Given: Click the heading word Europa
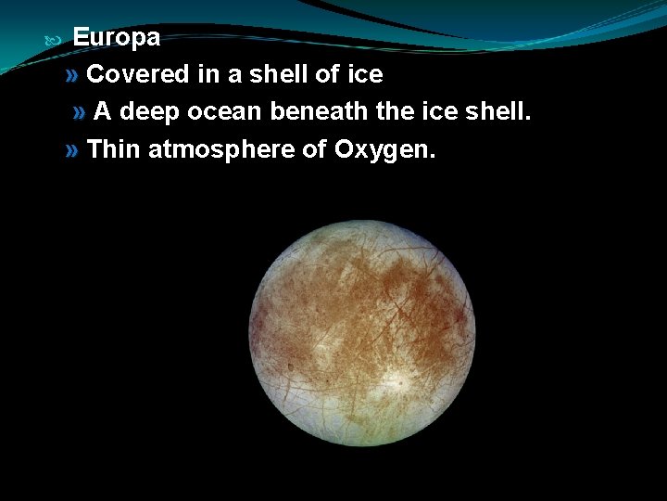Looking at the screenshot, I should pos(116,38).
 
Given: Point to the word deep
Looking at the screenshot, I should pos(149,112).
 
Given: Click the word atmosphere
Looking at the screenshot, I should pos(220,149).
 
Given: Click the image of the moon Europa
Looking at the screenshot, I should pos(362,332).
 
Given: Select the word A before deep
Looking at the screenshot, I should pos(103,112).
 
